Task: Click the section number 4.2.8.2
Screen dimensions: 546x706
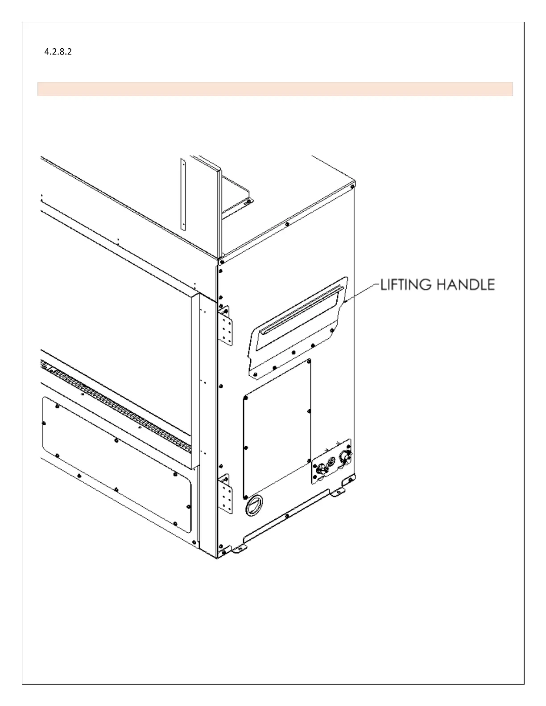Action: (x=58, y=52)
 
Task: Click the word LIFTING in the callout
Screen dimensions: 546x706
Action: (x=406, y=285)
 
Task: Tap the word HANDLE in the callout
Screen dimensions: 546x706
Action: (x=465, y=285)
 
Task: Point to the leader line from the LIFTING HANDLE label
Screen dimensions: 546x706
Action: (x=362, y=293)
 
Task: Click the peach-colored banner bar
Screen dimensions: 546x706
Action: (x=275, y=89)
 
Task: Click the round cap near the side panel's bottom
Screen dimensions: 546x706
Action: (x=255, y=506)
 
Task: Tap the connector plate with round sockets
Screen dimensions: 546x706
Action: (x=332, y=462)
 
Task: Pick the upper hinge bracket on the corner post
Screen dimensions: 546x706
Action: (x=225, y=326)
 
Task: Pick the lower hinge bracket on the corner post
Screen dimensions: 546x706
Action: (x=225, y=493)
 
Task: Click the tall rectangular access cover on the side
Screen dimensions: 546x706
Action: (x=277, y=429)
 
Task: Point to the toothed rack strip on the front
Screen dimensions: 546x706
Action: (x=116, y=406)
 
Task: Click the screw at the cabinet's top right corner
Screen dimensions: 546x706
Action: (x=352, y=187)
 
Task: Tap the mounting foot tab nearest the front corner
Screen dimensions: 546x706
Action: (x=239, y=549)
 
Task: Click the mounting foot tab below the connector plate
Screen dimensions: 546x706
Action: (x=339, y=493)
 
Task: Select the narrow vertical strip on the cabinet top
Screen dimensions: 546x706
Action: (x=183, y=194)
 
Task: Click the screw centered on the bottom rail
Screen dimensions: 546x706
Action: (x=287, y=516)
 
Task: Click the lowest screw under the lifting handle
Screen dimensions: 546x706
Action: (x=255, y=374)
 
